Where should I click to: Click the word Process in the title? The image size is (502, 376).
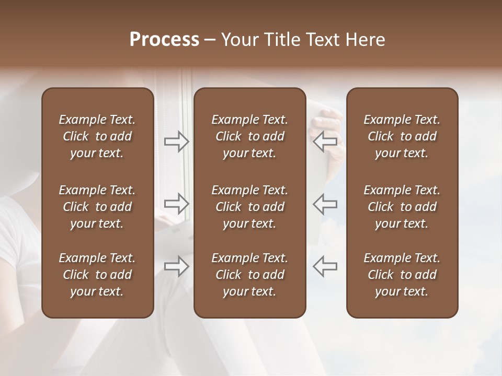(164, 40)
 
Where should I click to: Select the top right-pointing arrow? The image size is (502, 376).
(177, 141)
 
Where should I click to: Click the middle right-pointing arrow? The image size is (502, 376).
(177, 203)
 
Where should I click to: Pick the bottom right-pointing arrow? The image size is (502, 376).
(177, 266)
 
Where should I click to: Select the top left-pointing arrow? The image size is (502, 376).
(325, 141)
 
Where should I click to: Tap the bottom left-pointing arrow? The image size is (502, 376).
(325, 266)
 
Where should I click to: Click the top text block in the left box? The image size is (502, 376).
(97, 136)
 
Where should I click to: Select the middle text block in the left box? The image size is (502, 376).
(97, 207)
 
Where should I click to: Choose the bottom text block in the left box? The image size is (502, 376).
(97, 275)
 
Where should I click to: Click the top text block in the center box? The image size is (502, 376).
(249, 136)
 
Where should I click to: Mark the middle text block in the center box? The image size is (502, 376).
(249, 207)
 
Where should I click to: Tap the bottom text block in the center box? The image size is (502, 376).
(249, 275)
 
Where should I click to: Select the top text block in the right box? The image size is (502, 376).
(402, 136)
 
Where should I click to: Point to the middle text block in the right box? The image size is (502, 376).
(402, 207)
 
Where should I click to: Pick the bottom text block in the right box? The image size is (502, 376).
(402, 275)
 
